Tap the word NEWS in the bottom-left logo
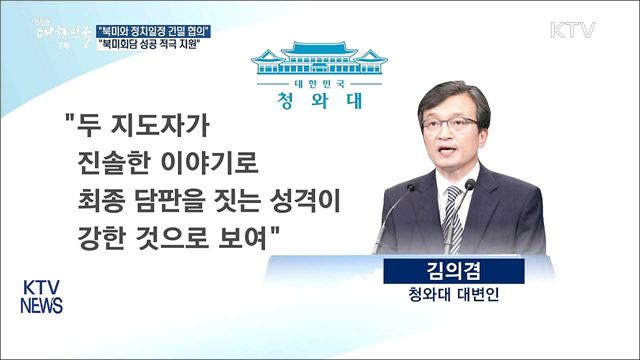coord(41,305)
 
